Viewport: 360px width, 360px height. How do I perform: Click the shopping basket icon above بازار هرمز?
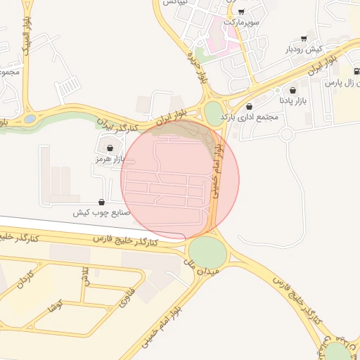pos(110,148)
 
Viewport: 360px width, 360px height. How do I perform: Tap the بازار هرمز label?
pos(110,160)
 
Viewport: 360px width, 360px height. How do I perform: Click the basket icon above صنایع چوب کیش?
pos(102,202)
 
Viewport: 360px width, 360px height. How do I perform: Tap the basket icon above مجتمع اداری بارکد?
pos(250,106)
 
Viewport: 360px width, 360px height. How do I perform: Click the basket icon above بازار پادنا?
pos(292,91)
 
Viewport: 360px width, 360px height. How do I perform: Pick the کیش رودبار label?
pos(304,49)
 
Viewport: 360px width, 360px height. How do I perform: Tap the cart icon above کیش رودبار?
pos(304,39)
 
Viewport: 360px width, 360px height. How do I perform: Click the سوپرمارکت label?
pos(242,22)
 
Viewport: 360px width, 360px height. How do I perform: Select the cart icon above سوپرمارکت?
pos(242,12)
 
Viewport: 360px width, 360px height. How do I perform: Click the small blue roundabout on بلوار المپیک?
pos(30,119)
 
